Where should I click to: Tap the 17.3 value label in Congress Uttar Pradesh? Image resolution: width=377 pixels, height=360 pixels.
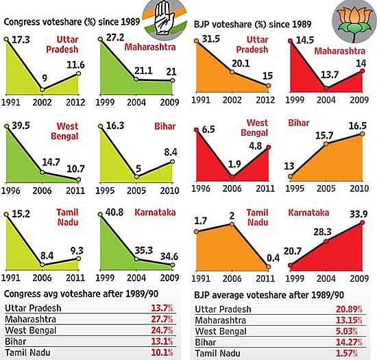tap(21, 40)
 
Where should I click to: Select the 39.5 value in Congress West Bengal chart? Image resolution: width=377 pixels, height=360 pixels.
tap(21, 125)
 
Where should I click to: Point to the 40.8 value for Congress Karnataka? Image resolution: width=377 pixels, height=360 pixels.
tap(114, 212)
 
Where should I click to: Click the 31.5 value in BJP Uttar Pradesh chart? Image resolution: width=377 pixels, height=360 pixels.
tap(211, 38)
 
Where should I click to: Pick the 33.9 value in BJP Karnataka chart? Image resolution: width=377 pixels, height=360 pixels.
tap(358, 214)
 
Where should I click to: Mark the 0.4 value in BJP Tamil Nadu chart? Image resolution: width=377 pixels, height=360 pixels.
tap(273, 258)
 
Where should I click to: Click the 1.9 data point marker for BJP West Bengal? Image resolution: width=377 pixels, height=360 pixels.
tap(232, 177)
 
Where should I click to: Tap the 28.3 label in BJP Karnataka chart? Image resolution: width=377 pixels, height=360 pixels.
tap(323, 232)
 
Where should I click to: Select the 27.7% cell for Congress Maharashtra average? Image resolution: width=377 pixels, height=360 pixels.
tap(162, 319)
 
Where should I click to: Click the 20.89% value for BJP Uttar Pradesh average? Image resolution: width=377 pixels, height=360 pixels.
tap(349, 309)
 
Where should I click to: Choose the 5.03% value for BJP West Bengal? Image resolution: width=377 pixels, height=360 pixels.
tap(346, 331)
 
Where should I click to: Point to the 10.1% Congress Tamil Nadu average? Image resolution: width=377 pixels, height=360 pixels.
tap(162, 352)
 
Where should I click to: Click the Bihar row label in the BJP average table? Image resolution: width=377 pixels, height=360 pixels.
tap(206, 342)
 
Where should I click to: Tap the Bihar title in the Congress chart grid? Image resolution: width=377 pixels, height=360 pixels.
tap(165, 126)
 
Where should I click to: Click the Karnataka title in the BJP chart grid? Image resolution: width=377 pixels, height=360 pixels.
tap(308, 213)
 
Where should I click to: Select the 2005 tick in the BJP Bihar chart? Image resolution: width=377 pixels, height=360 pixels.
tap(326, 189)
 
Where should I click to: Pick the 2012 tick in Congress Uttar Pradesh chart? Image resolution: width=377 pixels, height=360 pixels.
tap(75, 102)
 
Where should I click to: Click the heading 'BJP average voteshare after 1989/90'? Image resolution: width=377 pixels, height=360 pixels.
tap(269, 295)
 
